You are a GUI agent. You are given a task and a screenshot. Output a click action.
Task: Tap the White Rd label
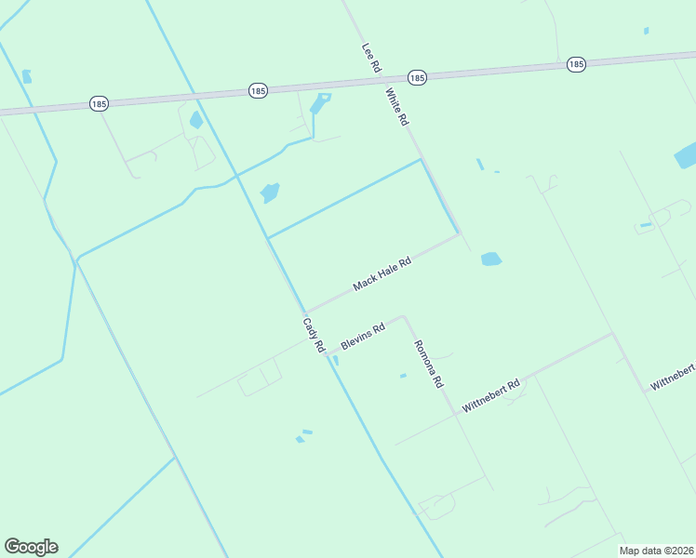(397, 108)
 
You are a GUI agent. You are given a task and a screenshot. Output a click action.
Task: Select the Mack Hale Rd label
(381, 274)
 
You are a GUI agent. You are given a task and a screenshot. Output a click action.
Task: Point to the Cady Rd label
(313, 335)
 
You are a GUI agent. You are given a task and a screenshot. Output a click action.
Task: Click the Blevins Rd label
(363, 337)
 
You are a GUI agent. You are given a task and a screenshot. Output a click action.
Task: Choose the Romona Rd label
(429, 363)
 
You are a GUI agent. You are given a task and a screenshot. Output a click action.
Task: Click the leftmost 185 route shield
(100, 103)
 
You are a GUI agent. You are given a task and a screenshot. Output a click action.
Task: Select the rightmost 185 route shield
(576, 64)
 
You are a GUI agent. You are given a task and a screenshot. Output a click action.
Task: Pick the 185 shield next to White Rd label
(417, 78)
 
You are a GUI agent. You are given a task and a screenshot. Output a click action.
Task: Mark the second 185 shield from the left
(259, 90)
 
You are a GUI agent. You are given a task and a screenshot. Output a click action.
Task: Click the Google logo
(31, 547)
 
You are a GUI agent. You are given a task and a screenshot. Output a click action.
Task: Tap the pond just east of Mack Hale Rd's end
(491, 259)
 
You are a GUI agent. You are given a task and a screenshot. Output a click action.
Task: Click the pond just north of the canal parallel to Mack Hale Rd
(270, 193)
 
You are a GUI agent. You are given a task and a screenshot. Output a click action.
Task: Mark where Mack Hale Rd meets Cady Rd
(305, 312)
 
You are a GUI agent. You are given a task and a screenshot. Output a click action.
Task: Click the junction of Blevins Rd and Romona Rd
(403, 317)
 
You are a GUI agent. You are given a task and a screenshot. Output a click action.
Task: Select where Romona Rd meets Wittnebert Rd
(455, 413)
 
